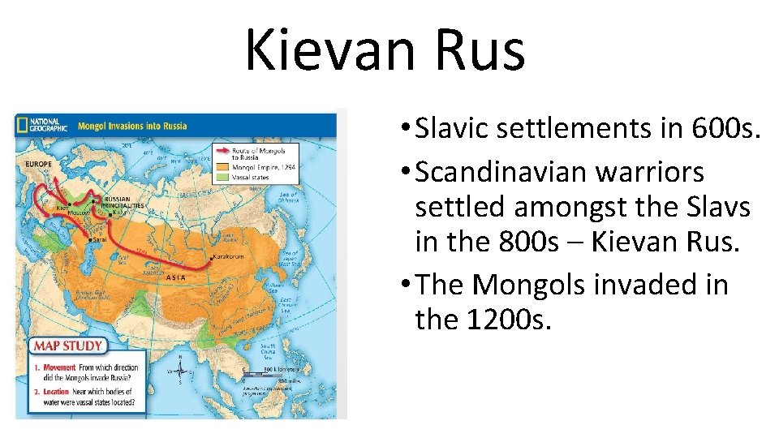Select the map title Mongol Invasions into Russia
[132, 126]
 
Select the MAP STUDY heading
[68, 346]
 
